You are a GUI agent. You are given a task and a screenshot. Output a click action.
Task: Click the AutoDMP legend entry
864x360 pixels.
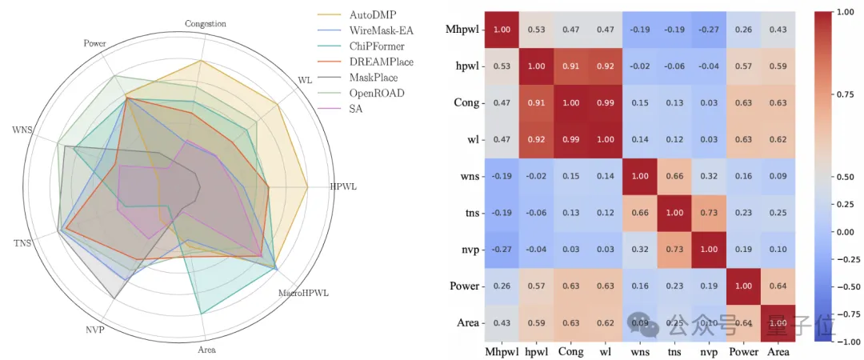tap(349, 15)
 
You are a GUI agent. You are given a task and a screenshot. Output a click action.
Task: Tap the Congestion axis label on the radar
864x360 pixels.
tap(205, 24)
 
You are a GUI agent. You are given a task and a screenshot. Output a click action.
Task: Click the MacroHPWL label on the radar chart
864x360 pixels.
tap(303, 294)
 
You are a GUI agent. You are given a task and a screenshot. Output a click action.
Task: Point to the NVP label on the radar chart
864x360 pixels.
tap(94, 330)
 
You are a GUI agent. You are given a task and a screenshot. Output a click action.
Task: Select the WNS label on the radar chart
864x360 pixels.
tap(22, 130)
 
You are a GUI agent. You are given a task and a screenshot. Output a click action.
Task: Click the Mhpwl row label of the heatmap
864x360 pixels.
tap(462, 30)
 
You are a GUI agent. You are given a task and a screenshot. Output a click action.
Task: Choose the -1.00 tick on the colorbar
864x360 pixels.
tap(846, 341)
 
